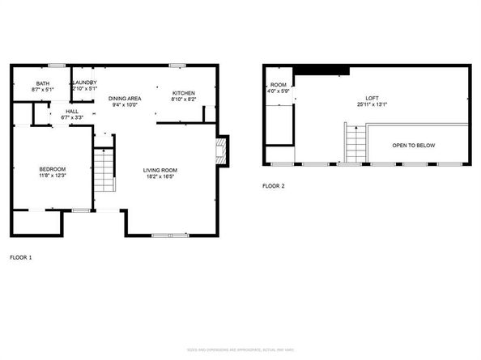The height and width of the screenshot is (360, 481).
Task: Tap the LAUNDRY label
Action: tap(85, 83)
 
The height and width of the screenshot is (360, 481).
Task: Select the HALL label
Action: tap(72, 111)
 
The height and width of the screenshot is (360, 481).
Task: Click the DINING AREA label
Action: tap(125, 98)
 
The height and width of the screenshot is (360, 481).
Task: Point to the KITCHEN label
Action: tap(184, 94)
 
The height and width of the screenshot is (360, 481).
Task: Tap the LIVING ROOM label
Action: tap(160, 170)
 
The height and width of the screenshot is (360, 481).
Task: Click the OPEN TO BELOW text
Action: tap(414, 146)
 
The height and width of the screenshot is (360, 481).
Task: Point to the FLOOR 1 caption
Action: tap(21, 257)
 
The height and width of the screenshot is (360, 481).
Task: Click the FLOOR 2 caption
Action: tap(273, 185)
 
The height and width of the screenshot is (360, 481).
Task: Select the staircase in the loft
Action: tap(354, 144)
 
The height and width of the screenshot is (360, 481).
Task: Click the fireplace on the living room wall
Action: tap(221, 150)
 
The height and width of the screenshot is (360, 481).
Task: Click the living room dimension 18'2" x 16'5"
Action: tap(160, 177)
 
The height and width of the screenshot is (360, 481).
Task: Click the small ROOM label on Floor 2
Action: tap(279, 85)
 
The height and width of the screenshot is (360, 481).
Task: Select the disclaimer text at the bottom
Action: tap(240, 349)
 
